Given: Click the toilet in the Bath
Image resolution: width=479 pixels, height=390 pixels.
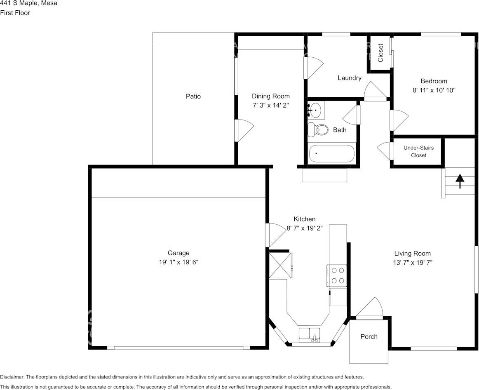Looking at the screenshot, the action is point(317,129).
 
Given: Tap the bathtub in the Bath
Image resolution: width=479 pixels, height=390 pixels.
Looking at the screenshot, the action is point(331,154).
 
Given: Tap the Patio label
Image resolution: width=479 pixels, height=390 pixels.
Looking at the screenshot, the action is point(193,96).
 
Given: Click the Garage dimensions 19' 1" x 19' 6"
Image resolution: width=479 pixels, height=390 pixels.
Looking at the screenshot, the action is point(179,262).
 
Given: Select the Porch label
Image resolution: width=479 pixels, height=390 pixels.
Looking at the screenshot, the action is point(369,336).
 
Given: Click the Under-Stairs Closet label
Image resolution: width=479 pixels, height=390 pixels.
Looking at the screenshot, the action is point(418,151).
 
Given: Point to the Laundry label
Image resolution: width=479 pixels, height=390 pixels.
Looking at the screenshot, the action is point(350,78).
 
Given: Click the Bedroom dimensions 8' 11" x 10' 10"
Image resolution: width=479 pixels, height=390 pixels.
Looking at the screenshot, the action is point(434,90).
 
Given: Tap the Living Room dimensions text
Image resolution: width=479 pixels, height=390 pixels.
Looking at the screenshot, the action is point(413,262).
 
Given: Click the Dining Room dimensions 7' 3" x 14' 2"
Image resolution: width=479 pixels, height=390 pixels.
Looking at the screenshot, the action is point(271,106).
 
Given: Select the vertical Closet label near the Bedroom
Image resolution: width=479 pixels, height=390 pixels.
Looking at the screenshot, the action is point(380,53).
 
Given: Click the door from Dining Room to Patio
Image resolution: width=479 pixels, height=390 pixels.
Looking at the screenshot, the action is point(244,130).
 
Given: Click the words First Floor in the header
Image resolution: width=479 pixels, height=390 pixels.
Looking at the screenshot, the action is point(15,13).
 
